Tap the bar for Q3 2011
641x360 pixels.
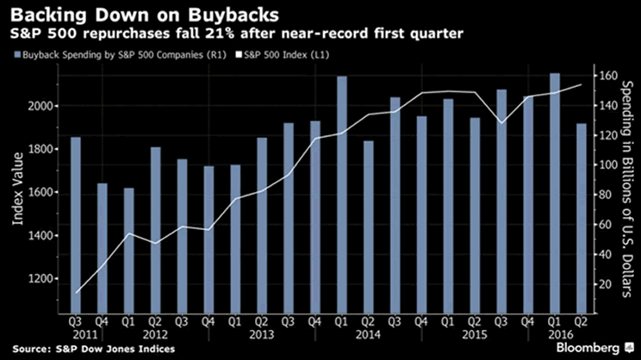tap(76, 223)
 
